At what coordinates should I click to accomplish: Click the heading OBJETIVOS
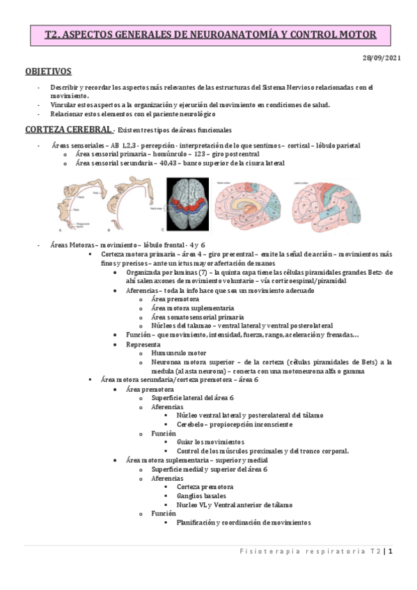(48, 71)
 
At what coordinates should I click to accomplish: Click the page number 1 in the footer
(391, 552)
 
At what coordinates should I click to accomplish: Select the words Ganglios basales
(198, 495)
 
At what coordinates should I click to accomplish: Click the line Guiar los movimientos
(210, 442)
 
